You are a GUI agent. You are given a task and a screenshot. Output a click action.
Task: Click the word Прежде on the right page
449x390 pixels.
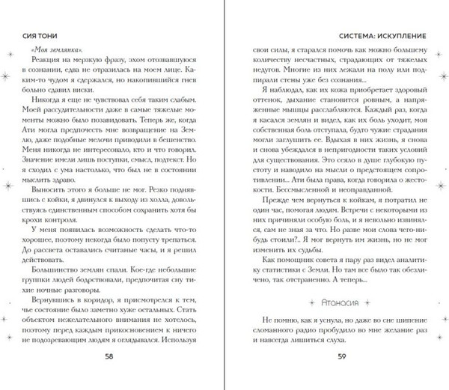[274, 201]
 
